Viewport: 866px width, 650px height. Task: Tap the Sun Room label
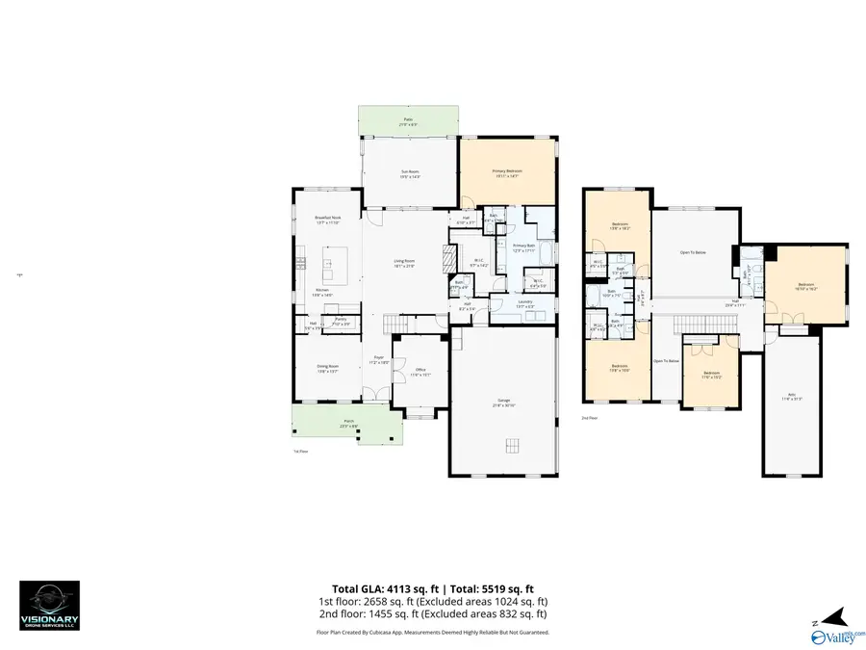(x=411, y=174)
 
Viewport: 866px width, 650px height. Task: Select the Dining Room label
(x=328, y=368)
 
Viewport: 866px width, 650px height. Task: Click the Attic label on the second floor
(x=795, y=396)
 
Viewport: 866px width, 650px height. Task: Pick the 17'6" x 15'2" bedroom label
(x=711, y=374)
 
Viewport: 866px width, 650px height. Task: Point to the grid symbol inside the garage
(x=513, y=444)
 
